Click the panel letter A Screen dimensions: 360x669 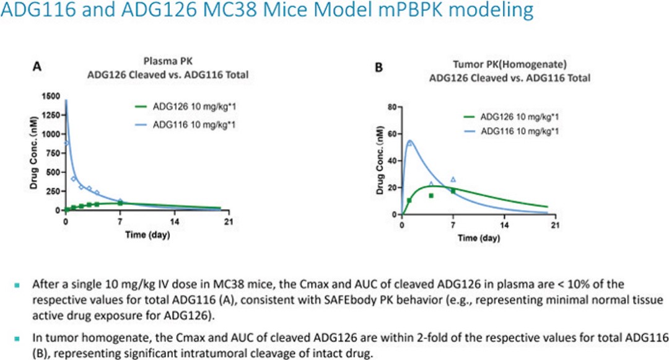coord(37,64)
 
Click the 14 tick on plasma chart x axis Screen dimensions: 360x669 coord(175,222)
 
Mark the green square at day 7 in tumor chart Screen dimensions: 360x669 coord(453,191)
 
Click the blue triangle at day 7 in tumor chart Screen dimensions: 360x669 coord(453,180)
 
